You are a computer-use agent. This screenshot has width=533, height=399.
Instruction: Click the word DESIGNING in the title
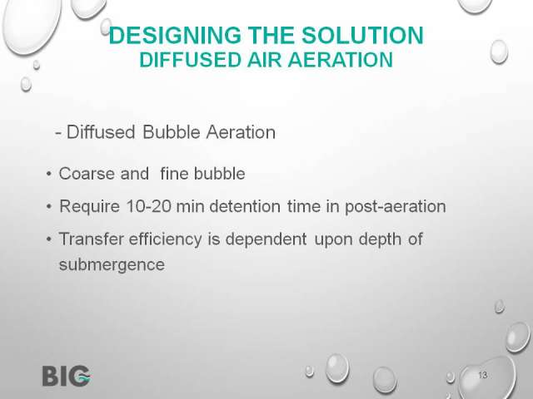(175, 36)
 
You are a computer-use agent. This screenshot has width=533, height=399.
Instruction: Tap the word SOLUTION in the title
(363, 36)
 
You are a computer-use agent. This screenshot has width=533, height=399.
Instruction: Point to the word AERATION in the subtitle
(341, 60)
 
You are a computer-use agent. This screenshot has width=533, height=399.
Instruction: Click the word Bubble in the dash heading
(171, 132)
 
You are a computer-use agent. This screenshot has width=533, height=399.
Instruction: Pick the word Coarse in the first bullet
(87, 174)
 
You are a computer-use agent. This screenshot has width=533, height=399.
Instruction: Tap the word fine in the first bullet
(174, 174)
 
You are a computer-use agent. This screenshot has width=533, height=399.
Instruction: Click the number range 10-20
(148, 206)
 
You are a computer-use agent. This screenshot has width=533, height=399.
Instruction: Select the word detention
(245, 206)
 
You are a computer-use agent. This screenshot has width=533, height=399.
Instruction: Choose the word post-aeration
(396, 207)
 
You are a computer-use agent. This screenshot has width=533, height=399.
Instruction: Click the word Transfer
(92, 239)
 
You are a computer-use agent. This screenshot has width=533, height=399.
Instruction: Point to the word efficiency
(166, 239)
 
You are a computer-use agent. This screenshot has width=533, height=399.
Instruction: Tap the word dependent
(266, 239)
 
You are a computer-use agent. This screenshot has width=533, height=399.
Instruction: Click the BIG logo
(67, 376)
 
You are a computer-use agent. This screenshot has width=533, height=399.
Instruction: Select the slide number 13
(483, 375)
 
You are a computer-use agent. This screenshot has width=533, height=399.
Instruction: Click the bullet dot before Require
(49, 207)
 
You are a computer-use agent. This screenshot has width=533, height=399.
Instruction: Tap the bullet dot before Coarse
(49, 174)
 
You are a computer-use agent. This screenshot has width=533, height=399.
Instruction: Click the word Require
(90, 207)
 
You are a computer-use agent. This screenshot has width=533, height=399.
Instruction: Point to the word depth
(380, 239)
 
